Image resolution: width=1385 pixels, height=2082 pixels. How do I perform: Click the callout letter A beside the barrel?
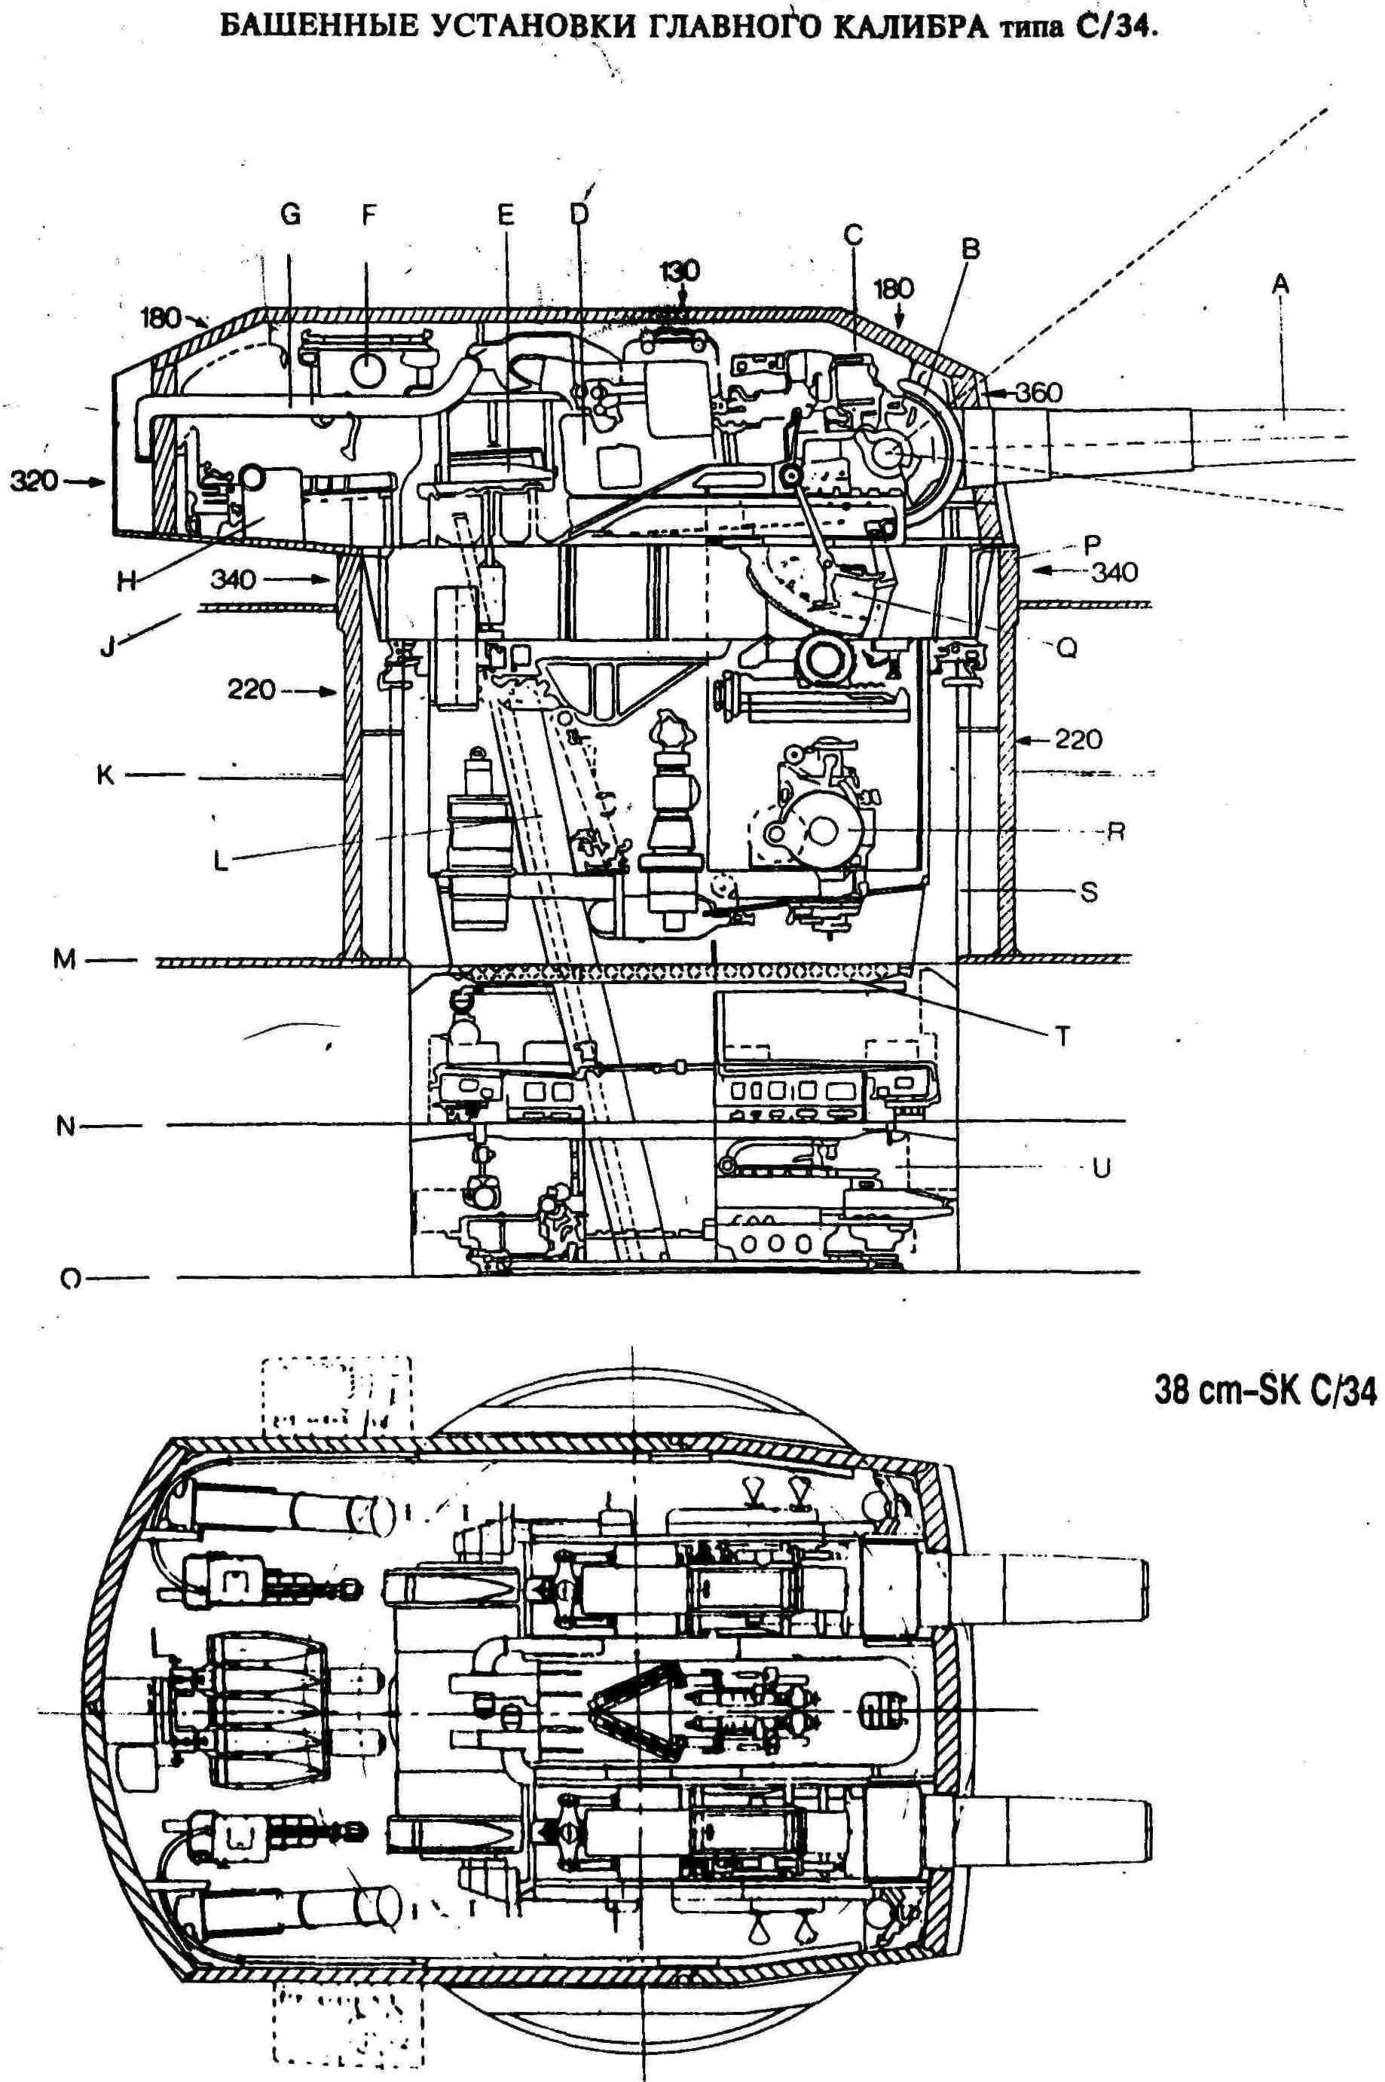tap(1280, 284)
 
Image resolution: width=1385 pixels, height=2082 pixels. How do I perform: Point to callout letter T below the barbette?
tap(1062, 1036)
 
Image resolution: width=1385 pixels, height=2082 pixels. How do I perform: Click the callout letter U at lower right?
tap(1101, 1169)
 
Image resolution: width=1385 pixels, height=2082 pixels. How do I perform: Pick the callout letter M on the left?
tap(65, 959)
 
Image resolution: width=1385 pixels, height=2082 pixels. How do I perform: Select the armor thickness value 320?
tap(34, 482)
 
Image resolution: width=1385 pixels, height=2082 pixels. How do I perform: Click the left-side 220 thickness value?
tap(252, 688)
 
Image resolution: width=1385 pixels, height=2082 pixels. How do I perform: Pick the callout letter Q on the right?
tap(1067, 647)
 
